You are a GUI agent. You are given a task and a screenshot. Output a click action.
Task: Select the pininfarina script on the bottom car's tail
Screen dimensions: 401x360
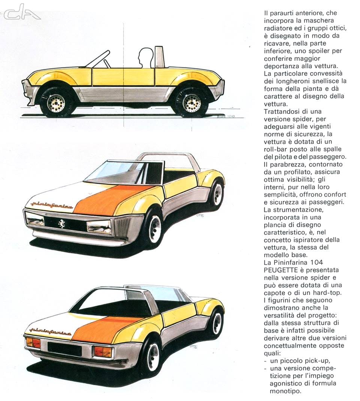(50, 331)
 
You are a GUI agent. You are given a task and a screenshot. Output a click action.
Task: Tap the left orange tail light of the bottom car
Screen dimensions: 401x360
(33, 342)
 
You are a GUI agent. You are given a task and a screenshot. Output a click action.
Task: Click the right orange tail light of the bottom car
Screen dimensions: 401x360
(102, 351)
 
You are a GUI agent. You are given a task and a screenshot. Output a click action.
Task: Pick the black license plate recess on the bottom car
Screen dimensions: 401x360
(64, 349)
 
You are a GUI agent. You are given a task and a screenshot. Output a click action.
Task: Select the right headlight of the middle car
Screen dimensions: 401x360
(99, 227)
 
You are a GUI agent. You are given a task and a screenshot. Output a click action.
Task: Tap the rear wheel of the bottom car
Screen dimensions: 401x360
(216, 323)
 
